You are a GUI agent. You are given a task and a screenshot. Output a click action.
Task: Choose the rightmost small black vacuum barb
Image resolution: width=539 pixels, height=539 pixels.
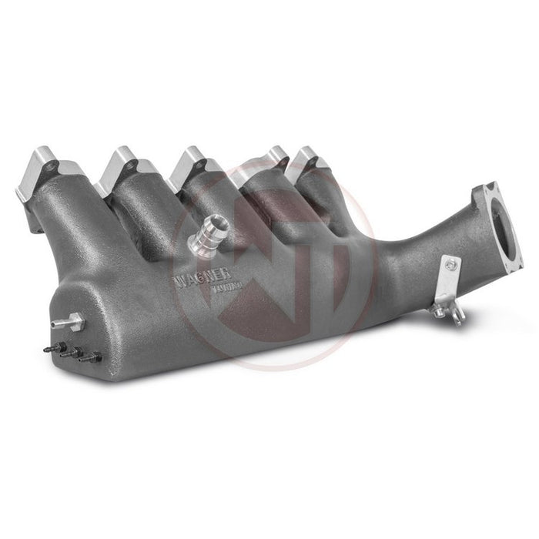pos(96,356)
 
